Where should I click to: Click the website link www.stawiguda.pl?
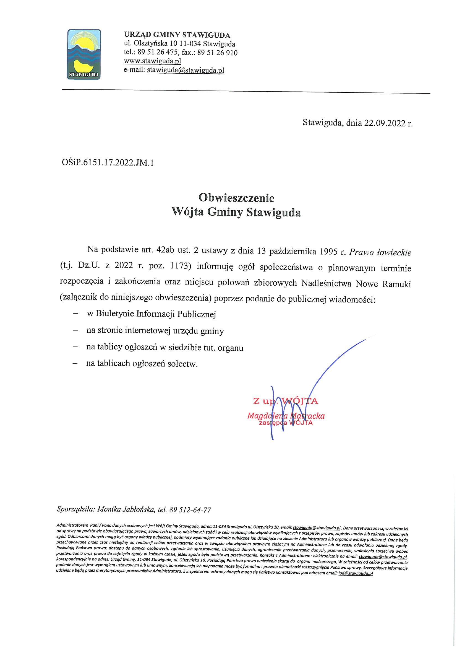tap(152, 61)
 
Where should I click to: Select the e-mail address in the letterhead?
tap(185, 70)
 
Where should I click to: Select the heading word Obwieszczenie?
tap(236, 198)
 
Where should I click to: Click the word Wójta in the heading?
tap(188, 212)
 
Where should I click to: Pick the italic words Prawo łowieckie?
tap(380, 252)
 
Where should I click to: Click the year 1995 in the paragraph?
tap(327, 252)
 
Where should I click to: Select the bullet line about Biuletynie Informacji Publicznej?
tap(151, 314)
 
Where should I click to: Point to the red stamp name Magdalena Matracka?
tap(286, 416)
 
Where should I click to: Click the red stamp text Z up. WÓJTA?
tap(286, 401)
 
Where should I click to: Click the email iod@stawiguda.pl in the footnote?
tap(356, 573)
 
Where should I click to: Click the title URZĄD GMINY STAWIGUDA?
tap(177, 35)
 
